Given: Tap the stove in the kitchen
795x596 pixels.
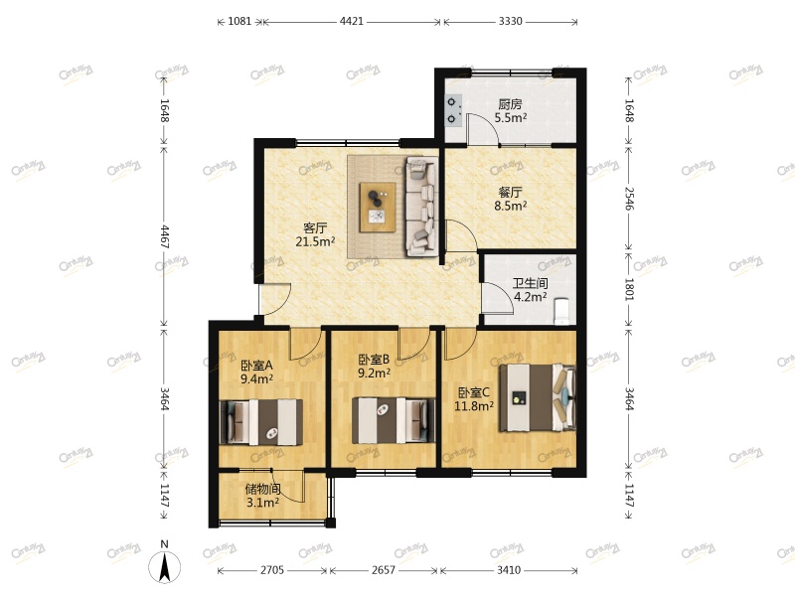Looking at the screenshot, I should pos(453,110).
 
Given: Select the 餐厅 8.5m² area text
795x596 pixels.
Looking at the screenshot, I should pos(511,200).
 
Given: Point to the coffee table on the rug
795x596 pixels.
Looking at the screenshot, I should pos(378,205).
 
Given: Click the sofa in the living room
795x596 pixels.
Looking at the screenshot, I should pos(421,206).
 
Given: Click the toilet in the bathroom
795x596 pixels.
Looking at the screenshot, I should pos(562,310).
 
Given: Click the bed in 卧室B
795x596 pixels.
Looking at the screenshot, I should pos(395,419).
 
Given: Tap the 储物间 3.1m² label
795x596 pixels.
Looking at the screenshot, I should pos(263,496).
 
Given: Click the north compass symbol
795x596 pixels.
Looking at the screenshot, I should pos(165,566).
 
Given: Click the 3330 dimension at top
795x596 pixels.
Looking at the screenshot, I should pos(510,20).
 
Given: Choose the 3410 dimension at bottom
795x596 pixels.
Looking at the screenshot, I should pos(508,570).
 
